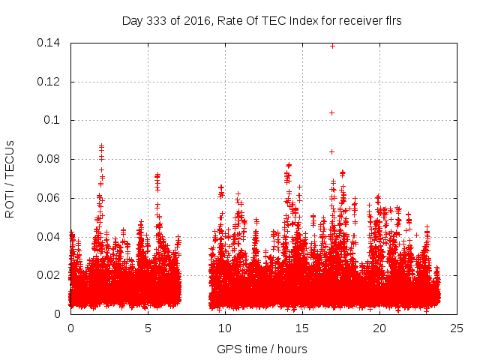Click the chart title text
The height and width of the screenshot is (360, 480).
point(262,21)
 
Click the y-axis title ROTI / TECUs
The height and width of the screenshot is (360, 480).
point(10,178)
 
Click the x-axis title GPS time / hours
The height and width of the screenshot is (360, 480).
point(262,349)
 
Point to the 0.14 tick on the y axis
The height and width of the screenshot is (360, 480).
point(52,43)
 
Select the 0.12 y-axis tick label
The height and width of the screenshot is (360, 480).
point(52,81)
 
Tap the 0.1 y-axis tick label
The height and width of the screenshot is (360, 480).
point(55,120)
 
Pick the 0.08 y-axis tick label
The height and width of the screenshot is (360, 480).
point(52,159)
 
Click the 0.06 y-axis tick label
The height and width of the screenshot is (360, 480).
point(52,198)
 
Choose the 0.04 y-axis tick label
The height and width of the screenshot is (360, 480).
point(52,236)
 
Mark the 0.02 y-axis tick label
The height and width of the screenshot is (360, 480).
point(52,275)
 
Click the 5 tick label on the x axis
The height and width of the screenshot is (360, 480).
point(148,328)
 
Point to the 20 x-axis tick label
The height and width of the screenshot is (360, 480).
point(379,328)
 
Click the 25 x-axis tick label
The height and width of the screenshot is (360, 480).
point(457,328)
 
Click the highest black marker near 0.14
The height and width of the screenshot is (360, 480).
point(332,46)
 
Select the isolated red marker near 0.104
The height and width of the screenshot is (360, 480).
point(331,112)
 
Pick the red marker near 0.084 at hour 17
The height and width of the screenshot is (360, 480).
point(331,151)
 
